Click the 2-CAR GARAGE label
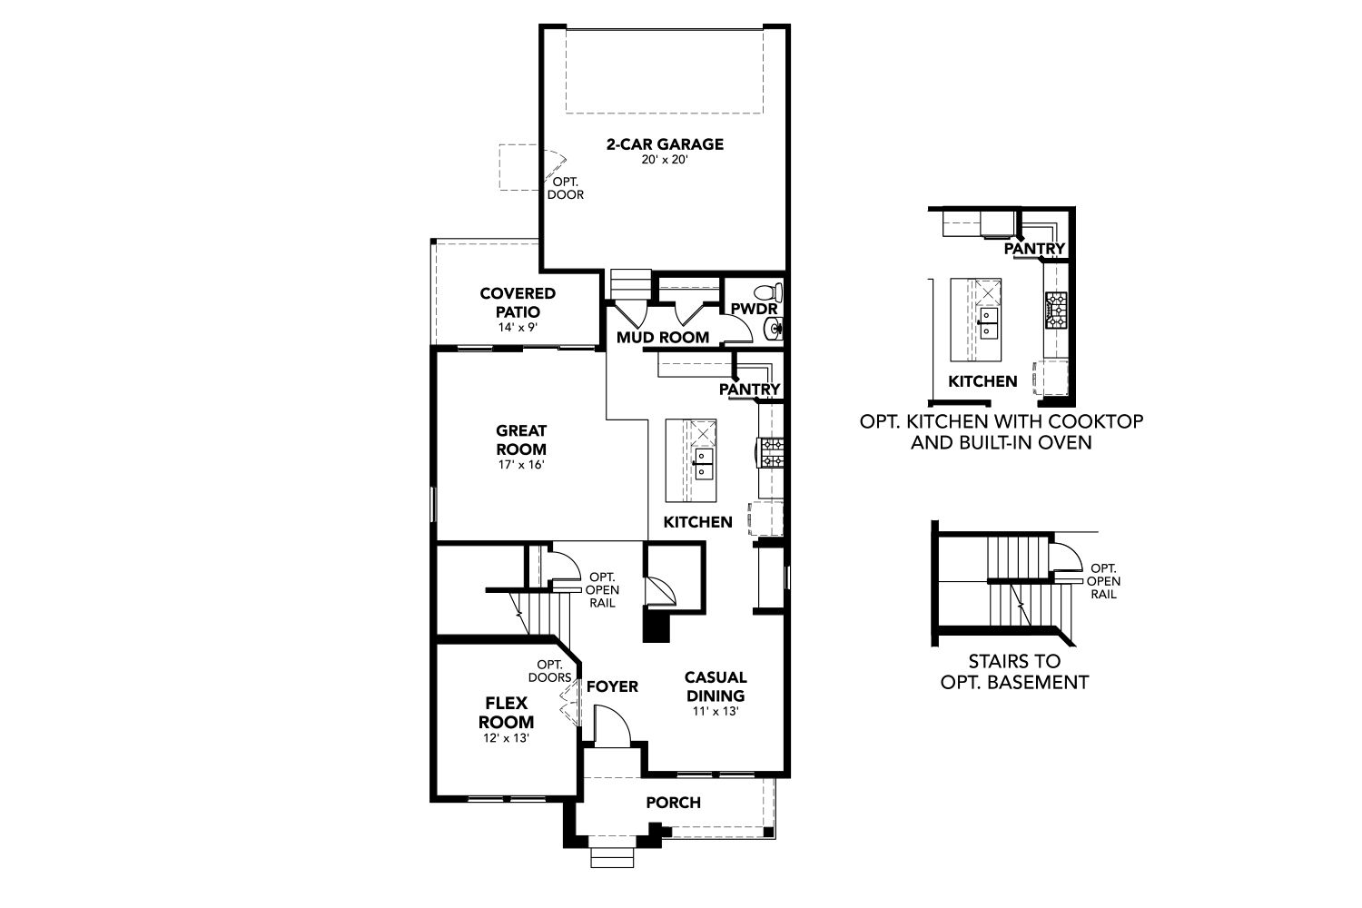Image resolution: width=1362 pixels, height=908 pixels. click(x=665, y=144)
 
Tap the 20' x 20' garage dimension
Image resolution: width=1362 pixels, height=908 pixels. click(x=664, y=160)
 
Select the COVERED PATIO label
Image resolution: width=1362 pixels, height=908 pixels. click(x=518, y=302)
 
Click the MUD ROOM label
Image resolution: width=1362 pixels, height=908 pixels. click(x=663, y=337)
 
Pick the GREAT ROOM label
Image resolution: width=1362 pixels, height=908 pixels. click(x=521, y=439)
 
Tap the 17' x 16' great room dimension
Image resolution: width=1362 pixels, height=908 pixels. click(x=521, y=465)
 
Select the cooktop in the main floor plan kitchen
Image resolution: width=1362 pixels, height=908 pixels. click(x=770, y=453)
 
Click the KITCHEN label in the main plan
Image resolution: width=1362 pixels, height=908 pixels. click(x=697, y=522)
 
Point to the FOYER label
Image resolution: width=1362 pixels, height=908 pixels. click(x=612, y=686)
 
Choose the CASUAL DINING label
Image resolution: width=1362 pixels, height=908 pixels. click(x=716, y=686)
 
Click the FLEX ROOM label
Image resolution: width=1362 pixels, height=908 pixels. click(x=506, y=712)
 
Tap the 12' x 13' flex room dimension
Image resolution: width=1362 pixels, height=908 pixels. click(x=506, y=737)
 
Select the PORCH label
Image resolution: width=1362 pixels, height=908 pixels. click(x=673, y=802)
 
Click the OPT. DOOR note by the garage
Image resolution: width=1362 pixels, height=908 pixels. click(x=566, y=188)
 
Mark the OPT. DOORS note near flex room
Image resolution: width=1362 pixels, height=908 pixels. click(x=549, y=671)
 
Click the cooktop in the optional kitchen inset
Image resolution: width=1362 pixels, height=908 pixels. click(x=1056, y=311)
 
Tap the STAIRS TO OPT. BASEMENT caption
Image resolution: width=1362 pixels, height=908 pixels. click(x=1014, y=671)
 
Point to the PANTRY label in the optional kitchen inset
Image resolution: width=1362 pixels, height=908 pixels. click(x=1034, y=248)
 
